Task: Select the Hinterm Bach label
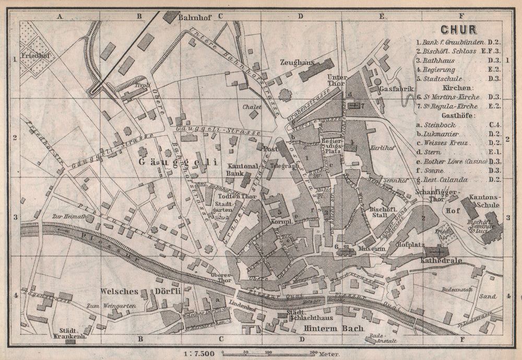tap(326, 328)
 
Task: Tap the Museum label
tap(371, 249)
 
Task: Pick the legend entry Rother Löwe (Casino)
tap(454, 161)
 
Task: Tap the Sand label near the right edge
tap(487, 296)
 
